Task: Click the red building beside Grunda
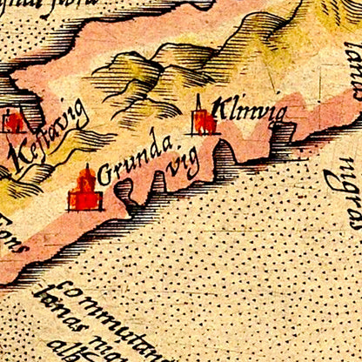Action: pos(85,191)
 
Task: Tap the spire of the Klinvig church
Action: pos(198,100)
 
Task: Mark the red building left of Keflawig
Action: pos(12,121)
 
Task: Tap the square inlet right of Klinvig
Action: pos(285,132)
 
